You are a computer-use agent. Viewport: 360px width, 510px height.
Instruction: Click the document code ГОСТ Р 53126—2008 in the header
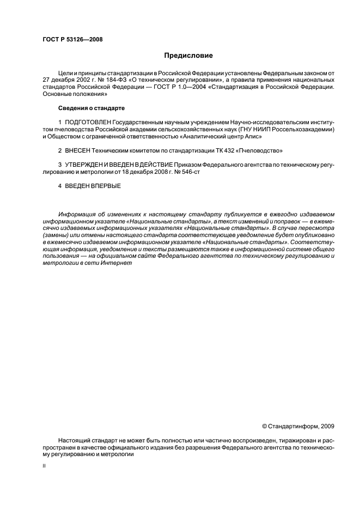72,39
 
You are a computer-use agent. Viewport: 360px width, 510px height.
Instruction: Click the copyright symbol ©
265,427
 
